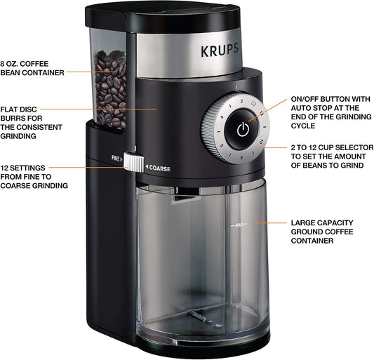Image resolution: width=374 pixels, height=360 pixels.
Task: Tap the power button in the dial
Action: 243,130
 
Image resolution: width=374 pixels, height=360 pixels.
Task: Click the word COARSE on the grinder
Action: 159,168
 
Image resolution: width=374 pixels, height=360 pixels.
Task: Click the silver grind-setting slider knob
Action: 131,162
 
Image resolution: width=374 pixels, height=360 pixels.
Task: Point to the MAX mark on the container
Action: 239,225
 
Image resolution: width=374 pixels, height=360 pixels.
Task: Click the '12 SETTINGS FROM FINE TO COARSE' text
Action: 34,177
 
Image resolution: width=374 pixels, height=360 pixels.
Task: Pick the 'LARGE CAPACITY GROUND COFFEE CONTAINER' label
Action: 322,231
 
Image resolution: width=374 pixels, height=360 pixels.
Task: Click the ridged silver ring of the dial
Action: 208,130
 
